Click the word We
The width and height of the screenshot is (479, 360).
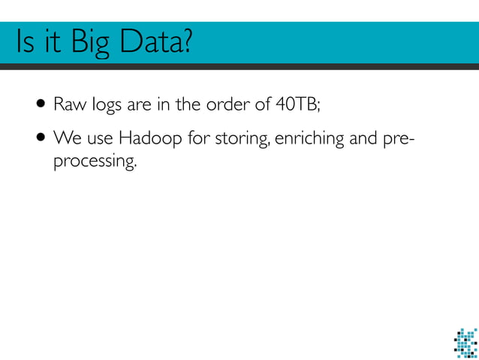[x=66, y=140]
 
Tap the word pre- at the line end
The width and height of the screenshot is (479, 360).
[x=401, y=141]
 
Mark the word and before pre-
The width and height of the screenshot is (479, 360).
[x=366, y=140]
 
